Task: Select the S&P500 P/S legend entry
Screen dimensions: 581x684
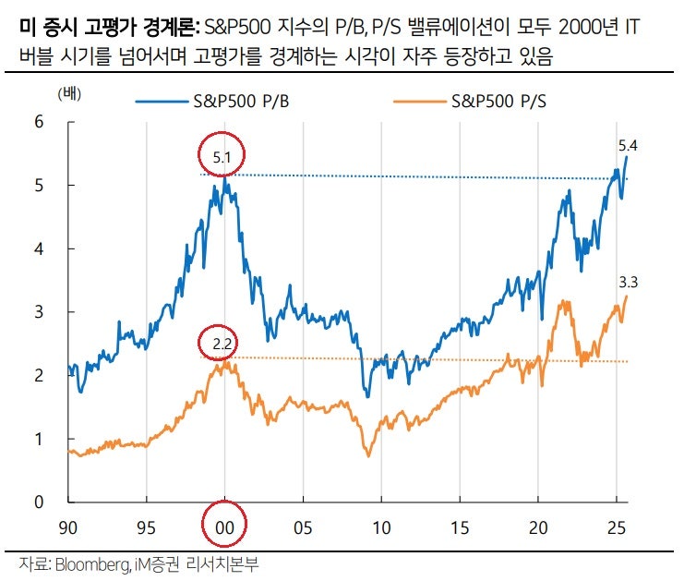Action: click(x=495, y=102)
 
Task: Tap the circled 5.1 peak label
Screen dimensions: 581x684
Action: click(x=222, y=158)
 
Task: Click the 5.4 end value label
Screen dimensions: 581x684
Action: click(x=629, y=145)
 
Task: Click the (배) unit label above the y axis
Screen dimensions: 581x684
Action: click(x=68, y=95)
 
